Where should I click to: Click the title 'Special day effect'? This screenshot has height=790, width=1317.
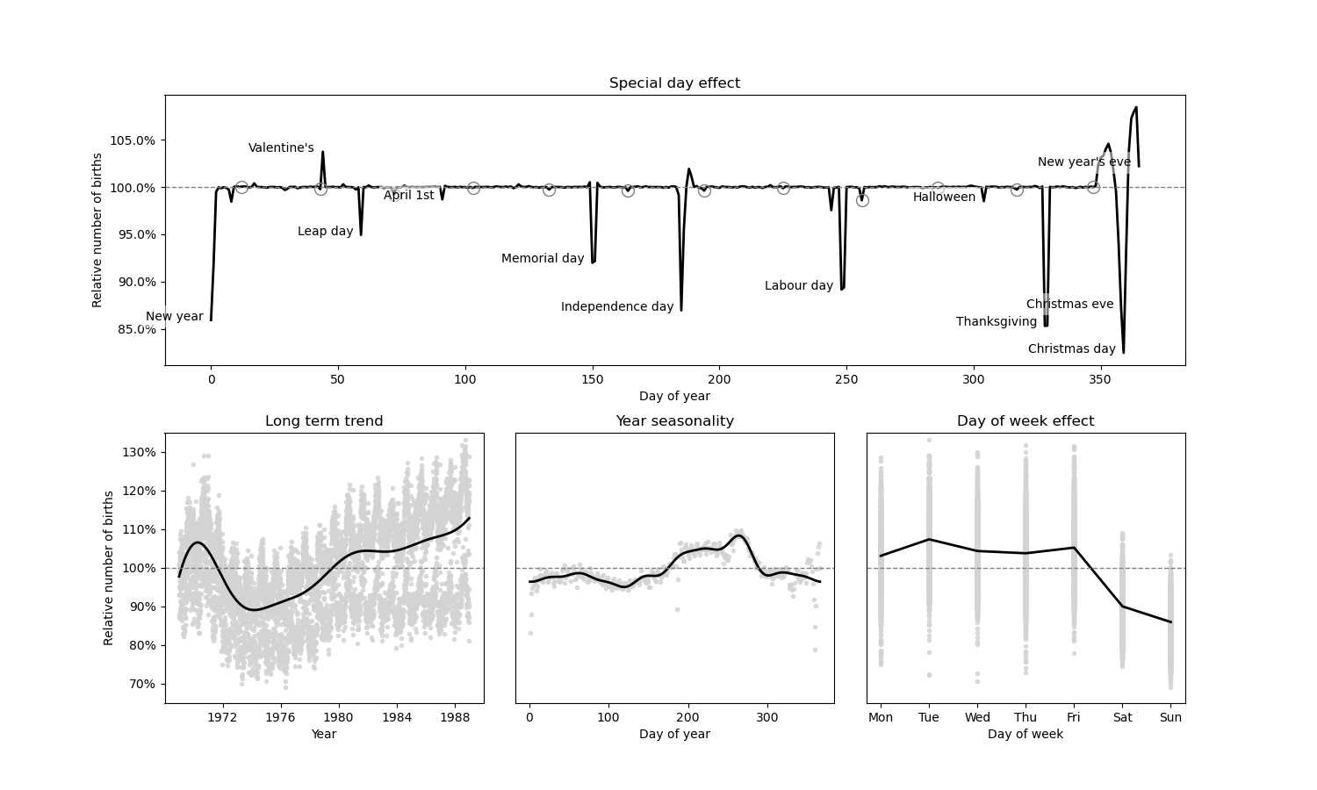point(674,83)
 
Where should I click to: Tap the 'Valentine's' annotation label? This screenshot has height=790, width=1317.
point(281,148)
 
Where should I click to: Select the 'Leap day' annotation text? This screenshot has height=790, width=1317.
point(325,232)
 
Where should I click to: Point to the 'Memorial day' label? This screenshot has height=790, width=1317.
point(543,259)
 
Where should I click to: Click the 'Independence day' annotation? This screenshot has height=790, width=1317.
point(617,307)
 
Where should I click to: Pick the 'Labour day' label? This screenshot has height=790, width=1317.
point(799,286)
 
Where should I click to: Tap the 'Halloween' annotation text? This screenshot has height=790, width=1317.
point(944,197)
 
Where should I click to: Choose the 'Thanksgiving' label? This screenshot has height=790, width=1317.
point(997,322)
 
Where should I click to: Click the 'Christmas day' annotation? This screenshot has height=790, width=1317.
point(1072,349)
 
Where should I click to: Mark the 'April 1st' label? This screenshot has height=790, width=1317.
point(409,196)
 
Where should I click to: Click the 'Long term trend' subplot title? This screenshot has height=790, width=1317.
point(324,421)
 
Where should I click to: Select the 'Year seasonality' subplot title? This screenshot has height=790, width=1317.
point(674,421)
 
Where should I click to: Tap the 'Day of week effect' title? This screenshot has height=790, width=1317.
point(1026,421)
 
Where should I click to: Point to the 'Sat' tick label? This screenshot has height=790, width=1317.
point(1122,717)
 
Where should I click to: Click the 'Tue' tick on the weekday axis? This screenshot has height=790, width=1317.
point(929,717)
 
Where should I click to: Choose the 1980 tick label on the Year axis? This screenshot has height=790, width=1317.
point(339,717)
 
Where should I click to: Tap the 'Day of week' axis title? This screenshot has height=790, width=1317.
point(1026,734)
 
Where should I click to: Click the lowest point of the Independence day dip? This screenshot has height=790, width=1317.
point(681,310)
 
